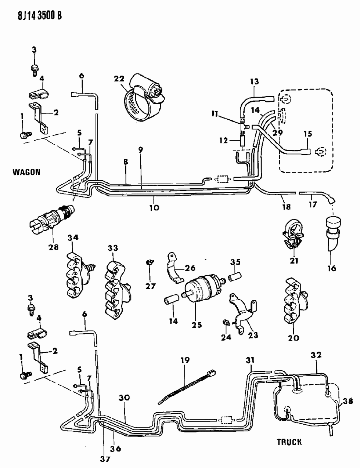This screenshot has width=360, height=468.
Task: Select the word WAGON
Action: (x=26, y=172)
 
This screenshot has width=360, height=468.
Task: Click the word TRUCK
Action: (x=289, y=442)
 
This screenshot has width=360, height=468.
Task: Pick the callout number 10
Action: (x=154, y=207)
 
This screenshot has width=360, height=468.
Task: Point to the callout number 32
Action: (x=316, y=355)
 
